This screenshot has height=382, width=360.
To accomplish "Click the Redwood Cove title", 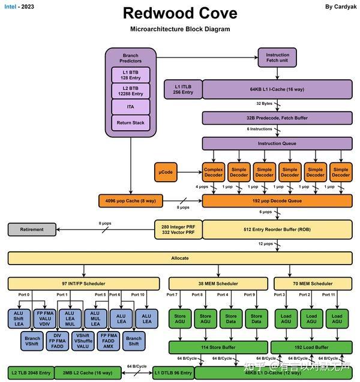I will click(180, 13).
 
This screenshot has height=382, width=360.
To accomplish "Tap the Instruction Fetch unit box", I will click(277, 58).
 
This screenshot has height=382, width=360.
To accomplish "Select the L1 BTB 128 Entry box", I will click(130, 75).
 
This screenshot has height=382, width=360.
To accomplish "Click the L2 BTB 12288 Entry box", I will click(130, 91).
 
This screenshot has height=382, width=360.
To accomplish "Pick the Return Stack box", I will click(130, 123).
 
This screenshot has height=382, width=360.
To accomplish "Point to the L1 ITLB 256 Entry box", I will click(183, 89).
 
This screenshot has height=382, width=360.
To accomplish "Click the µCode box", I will click(166, 173).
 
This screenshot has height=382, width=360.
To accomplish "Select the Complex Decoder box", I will click(213, 173).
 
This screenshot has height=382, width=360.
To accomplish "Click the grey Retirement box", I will click(31, 229).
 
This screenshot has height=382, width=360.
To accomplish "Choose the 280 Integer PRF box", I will click(178, 229).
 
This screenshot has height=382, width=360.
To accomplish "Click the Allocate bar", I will click(179, 258).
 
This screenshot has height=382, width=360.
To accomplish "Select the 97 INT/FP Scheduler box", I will click(83, 283).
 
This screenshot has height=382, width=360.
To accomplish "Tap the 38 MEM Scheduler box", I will click(218, 283).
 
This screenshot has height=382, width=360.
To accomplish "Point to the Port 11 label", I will click(329, 295).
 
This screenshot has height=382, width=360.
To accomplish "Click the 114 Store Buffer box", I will click(218, 347).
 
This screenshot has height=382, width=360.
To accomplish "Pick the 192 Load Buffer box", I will click(311, 347).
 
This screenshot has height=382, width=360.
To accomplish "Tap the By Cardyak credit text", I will click(337, 7).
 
